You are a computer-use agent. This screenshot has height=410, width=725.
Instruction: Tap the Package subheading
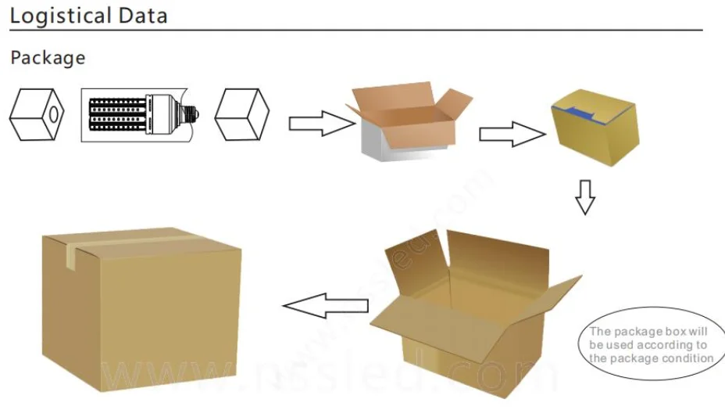click(x=48, y=58)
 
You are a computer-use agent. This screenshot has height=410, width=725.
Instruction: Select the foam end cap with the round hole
click(x=35, y=114)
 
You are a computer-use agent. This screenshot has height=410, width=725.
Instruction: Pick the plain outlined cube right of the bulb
click(x=241, y=114)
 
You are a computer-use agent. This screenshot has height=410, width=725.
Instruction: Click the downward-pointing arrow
click(x=584, y=197)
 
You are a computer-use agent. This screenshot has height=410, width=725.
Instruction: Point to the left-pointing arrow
click(x=326, y=305)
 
